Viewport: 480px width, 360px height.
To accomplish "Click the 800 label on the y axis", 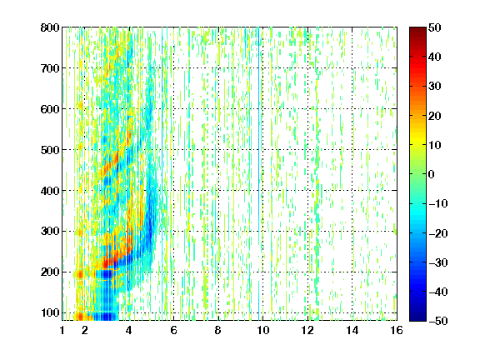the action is point(50,27).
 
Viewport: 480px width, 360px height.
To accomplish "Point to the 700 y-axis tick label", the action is point(50,68).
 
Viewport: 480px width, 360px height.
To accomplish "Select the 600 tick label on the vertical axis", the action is point(50,109).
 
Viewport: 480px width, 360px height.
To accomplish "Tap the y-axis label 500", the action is point(50,150).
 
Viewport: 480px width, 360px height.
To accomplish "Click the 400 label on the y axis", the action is point(50,191).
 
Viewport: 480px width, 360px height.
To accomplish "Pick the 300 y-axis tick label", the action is point(50,231).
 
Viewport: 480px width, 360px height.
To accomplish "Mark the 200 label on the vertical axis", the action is point(50,272).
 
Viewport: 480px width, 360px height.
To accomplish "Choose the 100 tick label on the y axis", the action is point(50,312).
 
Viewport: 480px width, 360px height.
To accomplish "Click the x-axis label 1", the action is point(62,330).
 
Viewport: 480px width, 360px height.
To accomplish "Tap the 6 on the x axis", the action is point(173,330).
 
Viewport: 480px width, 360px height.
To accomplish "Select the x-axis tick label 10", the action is point(262,330).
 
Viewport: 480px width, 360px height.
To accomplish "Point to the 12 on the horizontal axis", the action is point(307,330).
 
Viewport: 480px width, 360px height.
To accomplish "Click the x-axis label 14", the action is point(352,330).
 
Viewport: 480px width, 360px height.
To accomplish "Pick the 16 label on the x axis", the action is point(397,330).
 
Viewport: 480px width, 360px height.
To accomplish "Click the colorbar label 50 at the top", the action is point(435,27).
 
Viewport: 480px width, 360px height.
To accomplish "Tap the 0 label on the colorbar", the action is point(432,174).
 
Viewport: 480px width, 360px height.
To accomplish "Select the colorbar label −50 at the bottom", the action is point(438,321).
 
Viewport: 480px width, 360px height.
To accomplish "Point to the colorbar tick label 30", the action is point(435,87).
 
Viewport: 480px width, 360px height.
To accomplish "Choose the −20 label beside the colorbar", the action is point(438,233).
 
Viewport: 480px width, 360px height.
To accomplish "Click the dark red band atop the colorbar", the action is point(417,33).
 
